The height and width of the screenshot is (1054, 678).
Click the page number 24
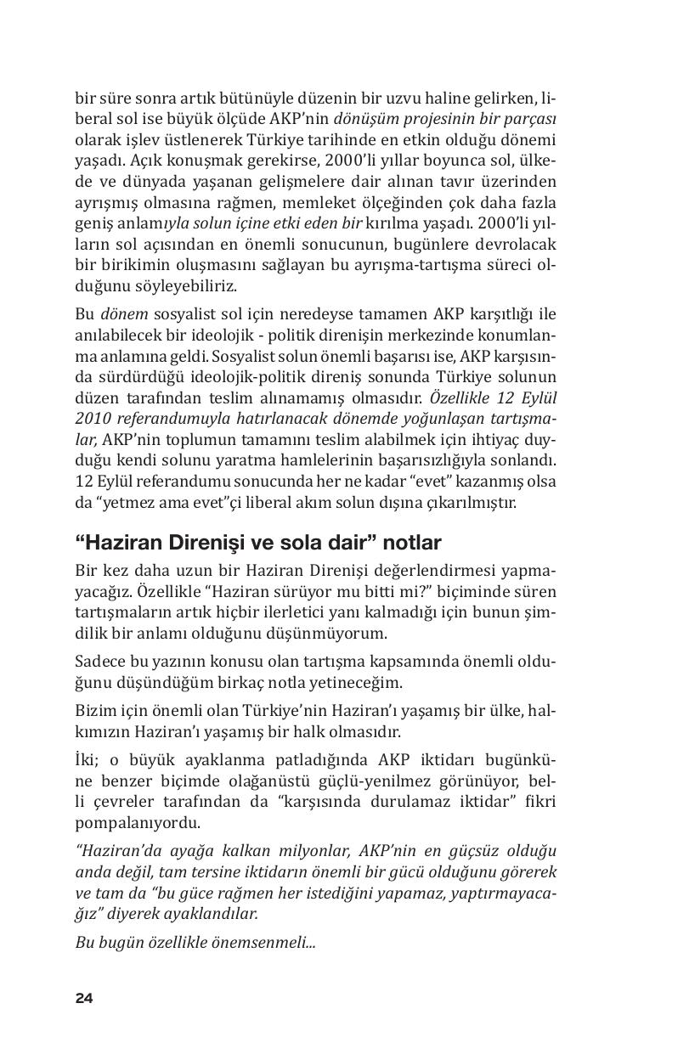[x=84, y=998]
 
